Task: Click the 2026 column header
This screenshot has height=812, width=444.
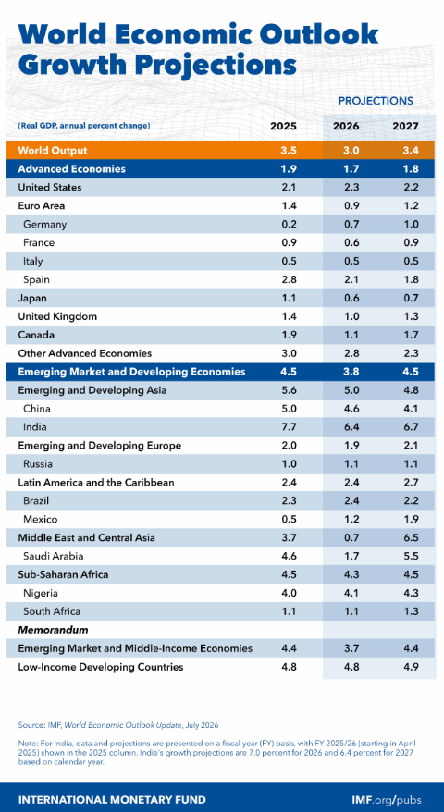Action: tap(347, 126)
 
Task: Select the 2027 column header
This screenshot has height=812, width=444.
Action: tap(406, 126)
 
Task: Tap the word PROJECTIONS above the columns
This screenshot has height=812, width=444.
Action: tap(376, 101)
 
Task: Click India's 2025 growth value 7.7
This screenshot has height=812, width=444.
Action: tap(290, 427)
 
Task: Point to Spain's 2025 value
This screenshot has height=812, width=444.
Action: tap(290, 279)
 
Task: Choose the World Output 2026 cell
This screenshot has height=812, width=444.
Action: tap(347, 151)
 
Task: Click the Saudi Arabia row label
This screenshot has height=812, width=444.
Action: tap(53, 556)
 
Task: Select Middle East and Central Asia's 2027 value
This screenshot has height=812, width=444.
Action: tap(406, 537)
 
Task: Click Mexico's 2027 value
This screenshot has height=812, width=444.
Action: tap(406, 520)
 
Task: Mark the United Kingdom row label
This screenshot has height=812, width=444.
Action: tap(57, 316)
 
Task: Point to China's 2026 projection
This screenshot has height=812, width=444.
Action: tap(347, 409)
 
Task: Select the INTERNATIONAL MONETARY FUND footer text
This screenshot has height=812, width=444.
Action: tap(112, 799)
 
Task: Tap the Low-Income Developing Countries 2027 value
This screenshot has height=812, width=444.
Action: tap(406, 667)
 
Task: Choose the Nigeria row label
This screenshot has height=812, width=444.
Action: tap(41, 593)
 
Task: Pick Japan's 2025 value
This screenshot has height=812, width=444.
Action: tap(290, 299)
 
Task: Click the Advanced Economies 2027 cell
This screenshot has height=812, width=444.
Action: tap(406, 169)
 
